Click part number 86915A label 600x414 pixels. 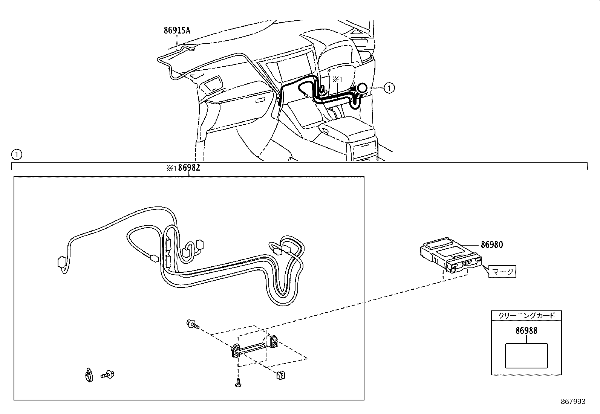coord(177,31)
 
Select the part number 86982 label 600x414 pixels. coord(189,168)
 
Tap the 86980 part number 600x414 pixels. coord(491,245)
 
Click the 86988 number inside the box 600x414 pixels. coord(526,331)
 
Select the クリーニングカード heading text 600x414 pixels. coord(526,316)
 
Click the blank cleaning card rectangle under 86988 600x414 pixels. coord(526,355)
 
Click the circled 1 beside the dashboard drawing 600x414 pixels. coord(389,88)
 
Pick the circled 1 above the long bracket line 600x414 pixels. coord(17,154)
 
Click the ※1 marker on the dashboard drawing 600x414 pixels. coord(337,79)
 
